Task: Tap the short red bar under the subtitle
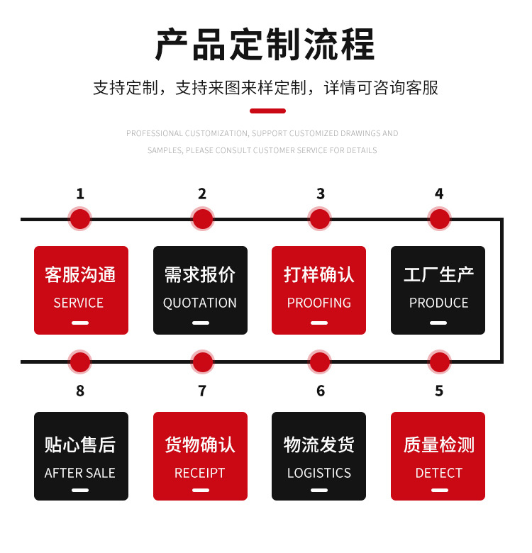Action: pos(267,111)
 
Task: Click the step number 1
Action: pos(80,194)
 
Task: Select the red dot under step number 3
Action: pos(320,219)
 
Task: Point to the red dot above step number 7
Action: pos(202,362)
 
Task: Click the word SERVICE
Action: pos(79,303)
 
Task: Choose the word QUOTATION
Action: pos(200,303)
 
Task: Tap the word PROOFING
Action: pos(319,303)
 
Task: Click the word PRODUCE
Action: pos(438,303)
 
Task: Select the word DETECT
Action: pos(438,473)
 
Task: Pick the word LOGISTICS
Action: pos(319,473)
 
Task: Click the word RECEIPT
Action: pos(200,473)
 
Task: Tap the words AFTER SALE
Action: pos(80,473)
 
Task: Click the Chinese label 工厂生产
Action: pos(438,275)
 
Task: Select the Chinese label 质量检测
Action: pos(438,445)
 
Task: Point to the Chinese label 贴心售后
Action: pos(80,445)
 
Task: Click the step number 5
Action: pos(439,391)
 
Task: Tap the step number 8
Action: pos(80,391)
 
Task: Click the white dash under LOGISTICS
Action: pos(319,490)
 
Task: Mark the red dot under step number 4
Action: pos(439,219)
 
